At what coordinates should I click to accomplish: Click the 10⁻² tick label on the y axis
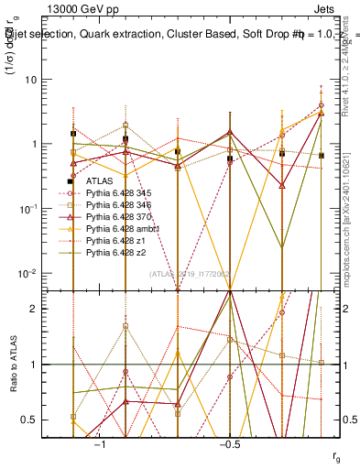point(32,273)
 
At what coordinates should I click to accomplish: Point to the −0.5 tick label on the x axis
point(229,444)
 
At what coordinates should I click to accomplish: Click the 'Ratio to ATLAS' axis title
point(14,365)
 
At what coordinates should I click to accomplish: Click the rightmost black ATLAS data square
point(321,156)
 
